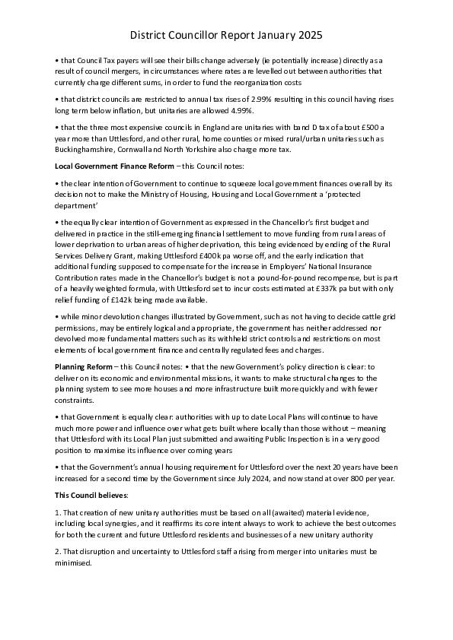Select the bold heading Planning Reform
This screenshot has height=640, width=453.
coord(84,366)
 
